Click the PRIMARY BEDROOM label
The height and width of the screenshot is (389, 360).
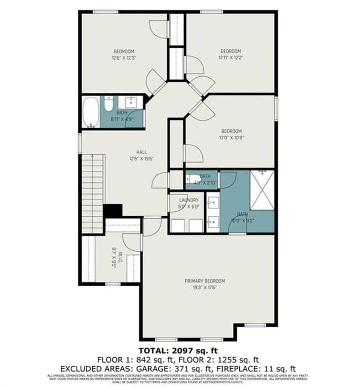pos(204,281)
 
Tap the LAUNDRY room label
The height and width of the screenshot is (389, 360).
pos(189,200)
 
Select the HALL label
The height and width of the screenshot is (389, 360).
pos(141,152)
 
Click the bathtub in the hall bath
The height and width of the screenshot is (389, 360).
pos(91,112)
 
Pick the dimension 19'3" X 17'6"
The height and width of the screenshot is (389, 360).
pos(204,287)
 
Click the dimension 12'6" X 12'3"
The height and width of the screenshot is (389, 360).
pos(123,58)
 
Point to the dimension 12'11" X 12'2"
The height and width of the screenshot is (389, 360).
pos(230,57)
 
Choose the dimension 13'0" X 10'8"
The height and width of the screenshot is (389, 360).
pos(231,137)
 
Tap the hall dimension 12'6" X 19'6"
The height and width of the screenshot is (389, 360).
pos(141,158)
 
